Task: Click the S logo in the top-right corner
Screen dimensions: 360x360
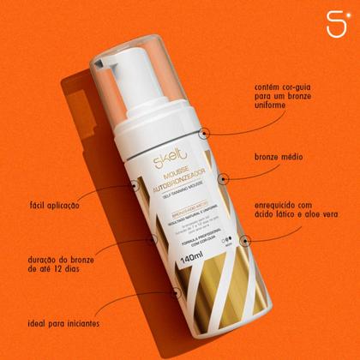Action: (x=337, y=22)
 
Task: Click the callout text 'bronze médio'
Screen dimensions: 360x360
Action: (x=281, y=158)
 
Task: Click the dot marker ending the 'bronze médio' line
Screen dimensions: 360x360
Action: (x=223, y=178)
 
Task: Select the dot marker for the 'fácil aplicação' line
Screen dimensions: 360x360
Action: (x=133, y=183)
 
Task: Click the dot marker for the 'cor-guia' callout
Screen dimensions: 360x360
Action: (x=205, y=132)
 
